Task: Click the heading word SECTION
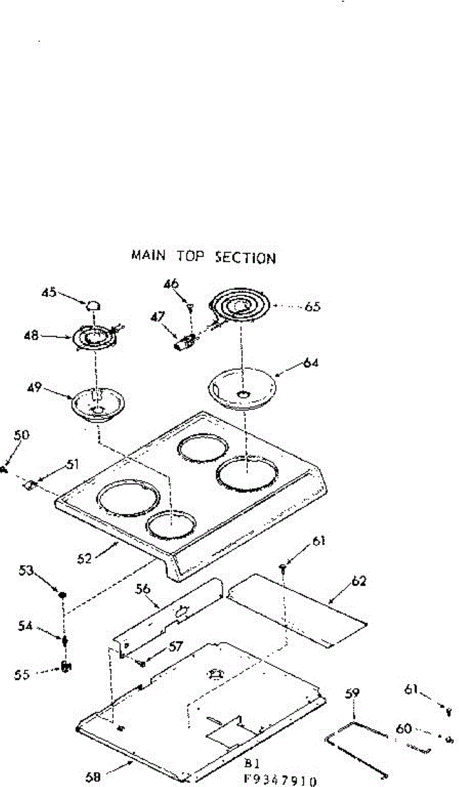[x=245, y=257]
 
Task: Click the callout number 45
[x=49, y=293]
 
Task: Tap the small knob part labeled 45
[x=94, y=305]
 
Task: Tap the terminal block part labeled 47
[x=186, y=342]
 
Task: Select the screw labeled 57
[x=142, y=663]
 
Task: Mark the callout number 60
[x=405, y=728]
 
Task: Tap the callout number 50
[x=21, y=435]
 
